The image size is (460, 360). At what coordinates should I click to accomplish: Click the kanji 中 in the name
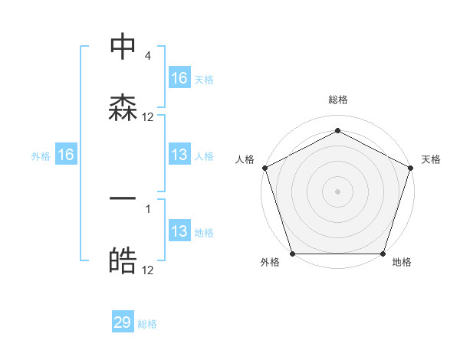123,47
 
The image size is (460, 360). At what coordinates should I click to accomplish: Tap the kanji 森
123,107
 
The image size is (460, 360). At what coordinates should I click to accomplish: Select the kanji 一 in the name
123,198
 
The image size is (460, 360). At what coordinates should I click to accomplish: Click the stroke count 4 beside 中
147,57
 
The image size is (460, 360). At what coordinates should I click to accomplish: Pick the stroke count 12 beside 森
148,117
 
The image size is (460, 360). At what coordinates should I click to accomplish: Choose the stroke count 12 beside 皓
148,270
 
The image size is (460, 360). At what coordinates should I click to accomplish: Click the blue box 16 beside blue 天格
179,78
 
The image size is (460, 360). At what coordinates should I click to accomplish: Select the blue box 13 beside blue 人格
179,155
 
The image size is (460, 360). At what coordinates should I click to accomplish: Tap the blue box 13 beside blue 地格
179,231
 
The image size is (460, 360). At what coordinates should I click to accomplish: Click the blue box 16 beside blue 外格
66,155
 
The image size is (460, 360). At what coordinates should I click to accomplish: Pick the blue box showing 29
123,322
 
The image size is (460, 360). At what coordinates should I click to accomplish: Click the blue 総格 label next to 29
147,324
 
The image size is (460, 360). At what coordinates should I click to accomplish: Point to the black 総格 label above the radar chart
337,100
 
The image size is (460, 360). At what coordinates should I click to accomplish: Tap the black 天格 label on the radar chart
431,159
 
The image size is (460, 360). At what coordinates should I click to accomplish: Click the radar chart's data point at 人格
264,168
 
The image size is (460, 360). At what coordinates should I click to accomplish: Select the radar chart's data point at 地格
383,254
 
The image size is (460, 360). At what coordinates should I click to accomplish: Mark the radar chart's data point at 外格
293,254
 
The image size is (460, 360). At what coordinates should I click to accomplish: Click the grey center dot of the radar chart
337,191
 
